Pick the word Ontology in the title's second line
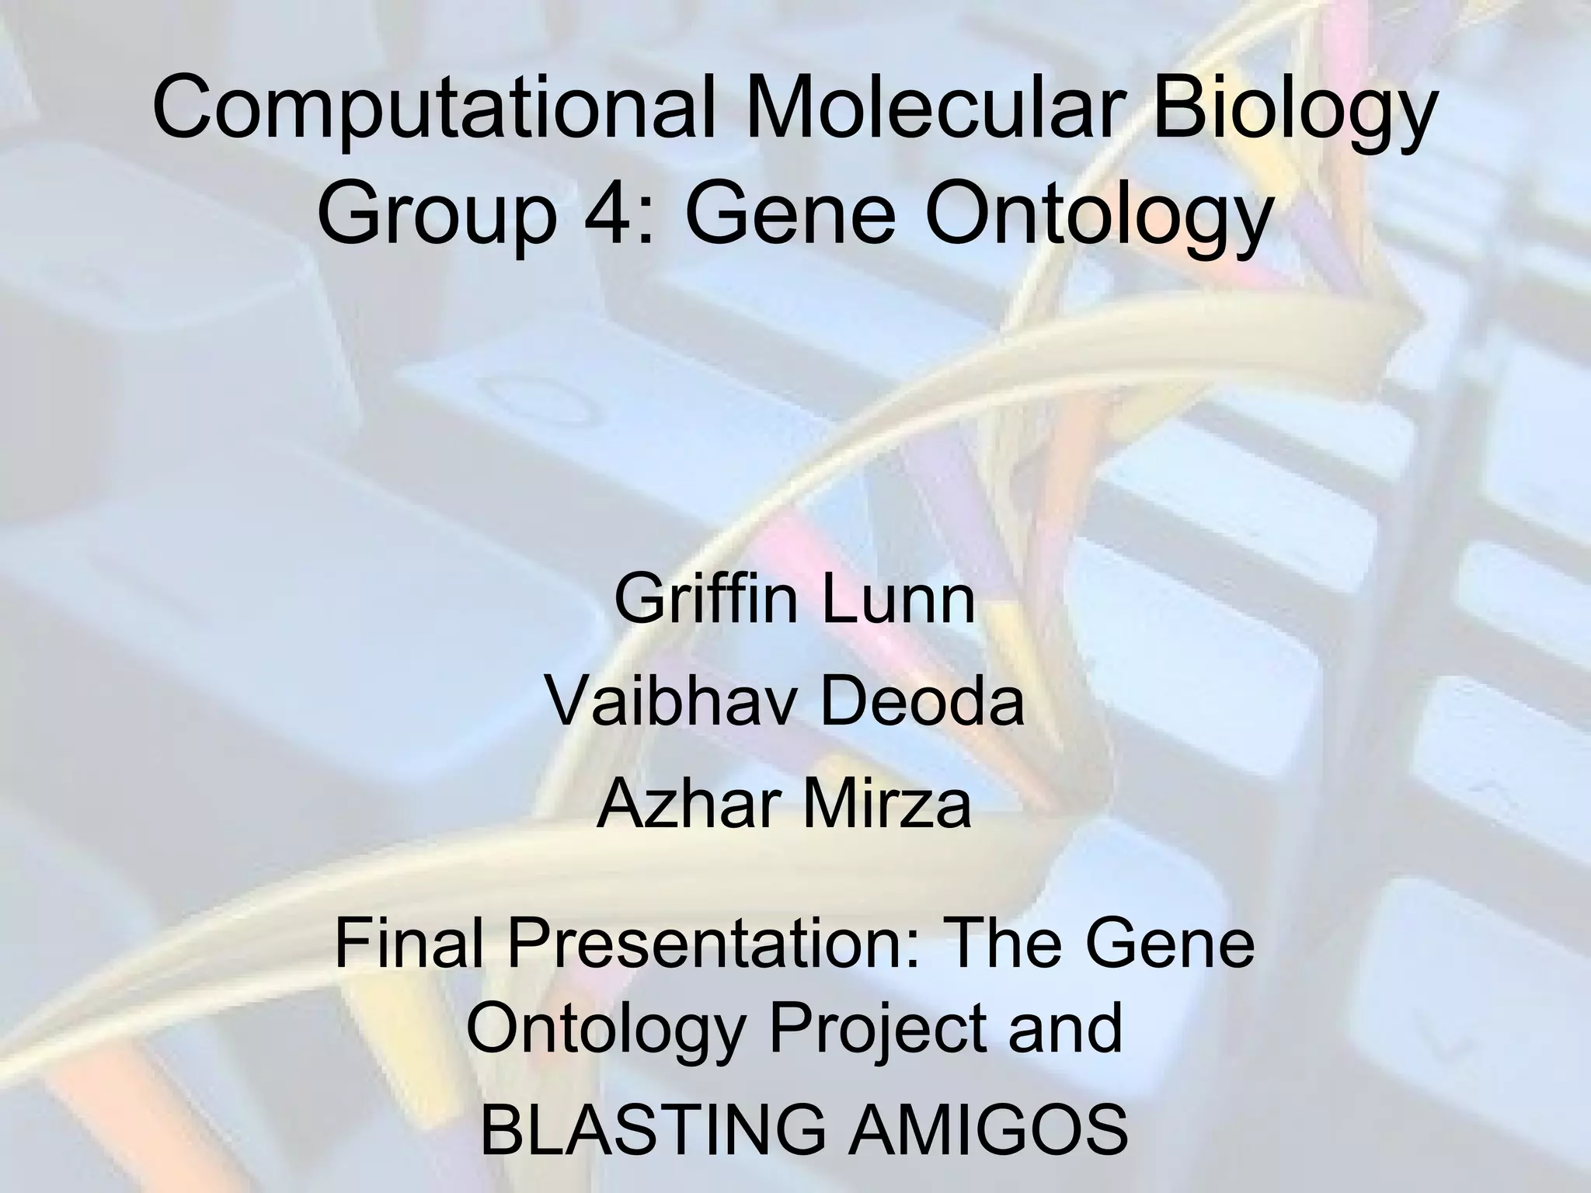click(1095, 211)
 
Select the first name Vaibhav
click(660, 702)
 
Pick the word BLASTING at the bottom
click(653, 1131)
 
